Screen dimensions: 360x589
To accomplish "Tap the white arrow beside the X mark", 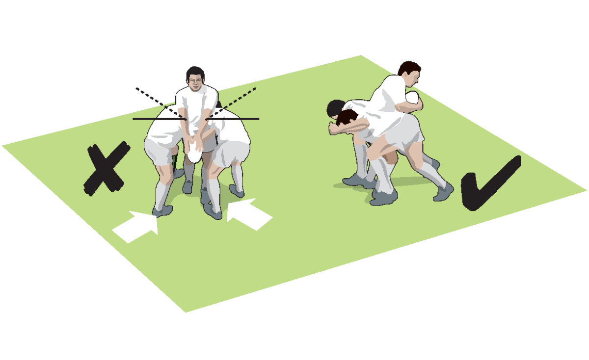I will tap(136, 227).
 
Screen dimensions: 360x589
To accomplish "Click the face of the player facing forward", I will tap(195, 82).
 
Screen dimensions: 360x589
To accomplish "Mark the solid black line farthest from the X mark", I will tap(241, 119).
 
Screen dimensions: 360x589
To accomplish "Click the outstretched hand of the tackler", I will tap(334, 129).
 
